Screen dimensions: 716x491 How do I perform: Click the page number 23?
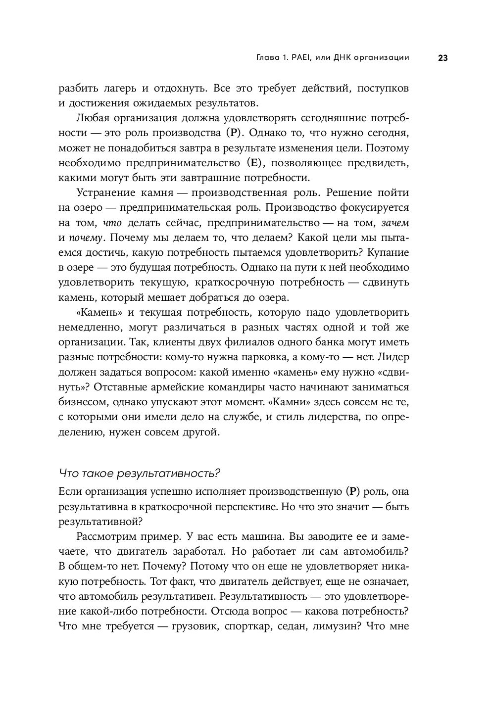pos(442,58)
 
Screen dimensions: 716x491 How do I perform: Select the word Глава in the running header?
pos(268,58)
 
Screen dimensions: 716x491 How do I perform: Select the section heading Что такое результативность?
pos(139,473)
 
